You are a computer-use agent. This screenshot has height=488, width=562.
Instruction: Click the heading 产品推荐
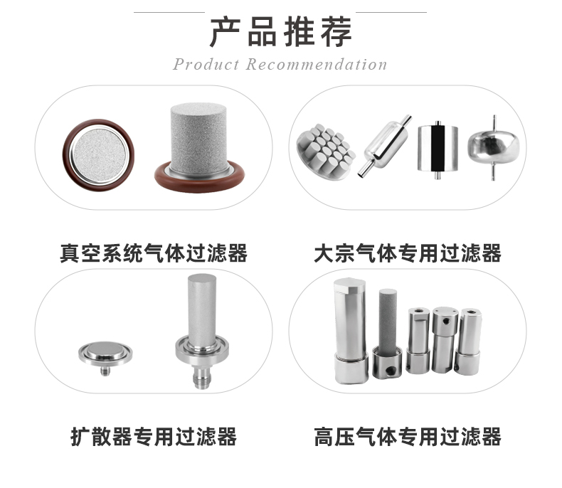tap(280, 32)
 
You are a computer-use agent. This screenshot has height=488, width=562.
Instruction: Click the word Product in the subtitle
tap(206, 65)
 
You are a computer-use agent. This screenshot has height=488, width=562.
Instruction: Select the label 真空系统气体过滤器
tap(154, 253)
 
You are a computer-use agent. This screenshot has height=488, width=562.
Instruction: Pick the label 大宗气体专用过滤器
tap(408, 253)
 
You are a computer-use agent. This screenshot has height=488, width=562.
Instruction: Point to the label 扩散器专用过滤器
tap(154, 435)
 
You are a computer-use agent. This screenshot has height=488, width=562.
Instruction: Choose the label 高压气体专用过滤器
tap(408, 435)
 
